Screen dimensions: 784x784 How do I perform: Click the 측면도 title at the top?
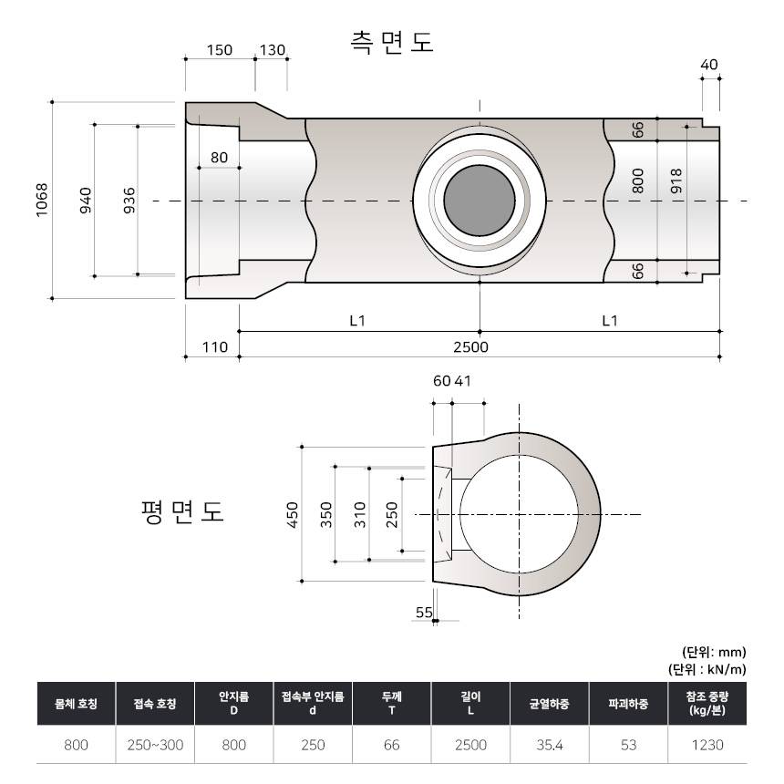point(391,42)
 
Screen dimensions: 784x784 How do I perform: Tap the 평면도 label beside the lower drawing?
point(182,511)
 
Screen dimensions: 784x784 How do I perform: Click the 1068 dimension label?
point(42,200)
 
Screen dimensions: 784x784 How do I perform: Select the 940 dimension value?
point(86,200)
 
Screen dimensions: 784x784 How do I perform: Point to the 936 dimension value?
point(129,200)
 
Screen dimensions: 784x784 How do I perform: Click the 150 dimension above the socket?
point(220,50)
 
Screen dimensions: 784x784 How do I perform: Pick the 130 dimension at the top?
point(272,50)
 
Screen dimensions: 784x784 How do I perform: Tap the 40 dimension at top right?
point(709,65)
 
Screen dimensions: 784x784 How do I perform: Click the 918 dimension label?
point(676,181)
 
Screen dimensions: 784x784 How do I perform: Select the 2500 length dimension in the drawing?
point(470,347)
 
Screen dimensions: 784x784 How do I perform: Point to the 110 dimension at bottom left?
point(214,347)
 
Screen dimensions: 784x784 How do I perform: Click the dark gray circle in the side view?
point(479,201)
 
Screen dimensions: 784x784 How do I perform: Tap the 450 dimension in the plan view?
point(293,514)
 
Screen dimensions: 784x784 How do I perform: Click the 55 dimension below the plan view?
point(424,613)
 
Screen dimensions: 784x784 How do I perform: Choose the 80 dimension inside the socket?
point(219,158)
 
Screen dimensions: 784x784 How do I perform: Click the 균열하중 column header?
point(549,704)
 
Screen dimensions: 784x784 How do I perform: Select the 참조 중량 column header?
point(707,704)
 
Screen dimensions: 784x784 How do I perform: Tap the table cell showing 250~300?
point(155,745)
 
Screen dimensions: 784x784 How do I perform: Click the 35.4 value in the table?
point(550,745)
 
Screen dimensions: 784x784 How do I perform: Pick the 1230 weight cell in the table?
point(707,745)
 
